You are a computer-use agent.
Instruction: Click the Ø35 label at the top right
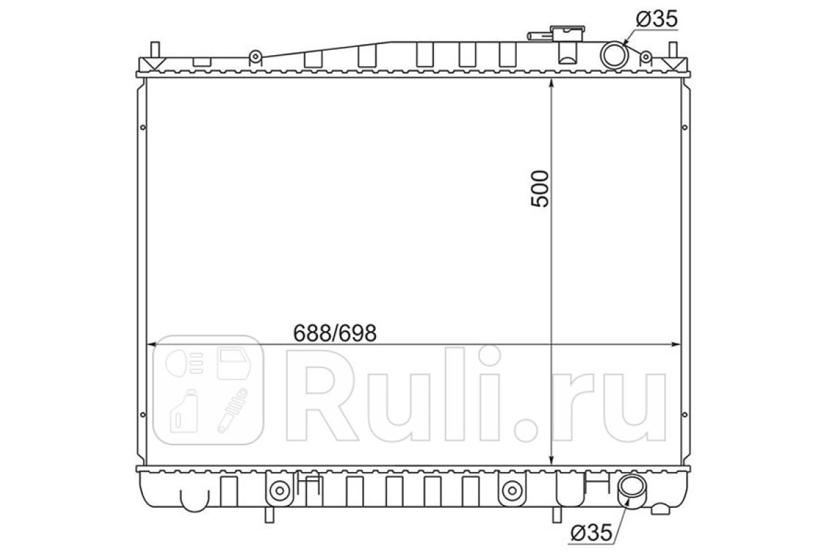point(657,19)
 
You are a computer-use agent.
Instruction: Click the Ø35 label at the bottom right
point(591,533)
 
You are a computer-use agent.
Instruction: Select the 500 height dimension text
point(540,188)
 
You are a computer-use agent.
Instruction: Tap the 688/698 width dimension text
point(334,333)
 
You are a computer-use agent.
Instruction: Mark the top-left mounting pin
point(155,50)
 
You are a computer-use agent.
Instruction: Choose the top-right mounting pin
point(673,50)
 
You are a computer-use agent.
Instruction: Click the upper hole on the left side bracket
point(143,128)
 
